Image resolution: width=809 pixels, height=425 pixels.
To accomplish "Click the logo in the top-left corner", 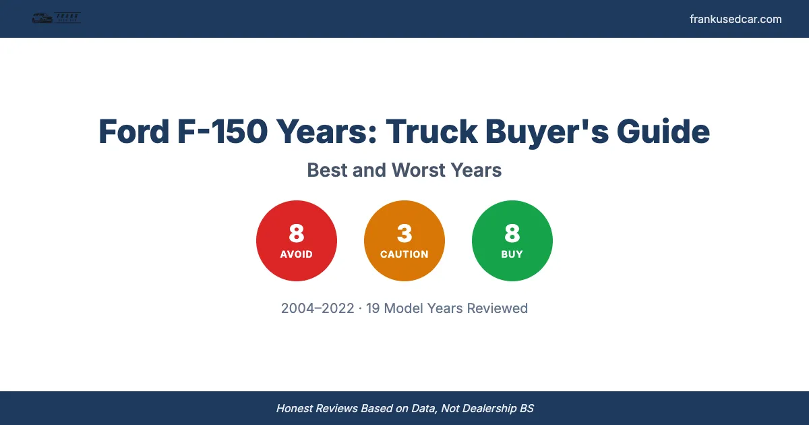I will pyautogui.click(x=57, y=18).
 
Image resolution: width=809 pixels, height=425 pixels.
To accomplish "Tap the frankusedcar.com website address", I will pyautogui.click(x=736, y=19).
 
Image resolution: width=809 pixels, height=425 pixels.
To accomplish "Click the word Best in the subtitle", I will pyautogui.click(x=327, y=170).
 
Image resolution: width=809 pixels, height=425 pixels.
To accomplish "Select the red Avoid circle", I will pyautogui.click(x=297, y=241).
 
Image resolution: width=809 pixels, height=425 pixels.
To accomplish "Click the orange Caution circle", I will pyautogui.click(x=404, y=241).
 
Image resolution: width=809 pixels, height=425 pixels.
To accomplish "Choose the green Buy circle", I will pyautogui.click(x=512, y=241).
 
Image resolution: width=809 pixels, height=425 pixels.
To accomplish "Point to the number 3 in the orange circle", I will pyautogui.click(x=404, y=233).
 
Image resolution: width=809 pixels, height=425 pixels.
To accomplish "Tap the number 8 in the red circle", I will pyautogui.click(x=297, y=233).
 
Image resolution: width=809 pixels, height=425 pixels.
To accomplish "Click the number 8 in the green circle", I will pyautogui.click(x=512, y=233).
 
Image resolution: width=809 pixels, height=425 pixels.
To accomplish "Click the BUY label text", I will pyautogui.click(x=512, y=254).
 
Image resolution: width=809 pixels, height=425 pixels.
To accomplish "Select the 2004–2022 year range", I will pyautogui.click(x=318, y=308).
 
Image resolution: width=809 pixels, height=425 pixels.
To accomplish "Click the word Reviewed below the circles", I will pyautogui.click(x=498, y=308).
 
